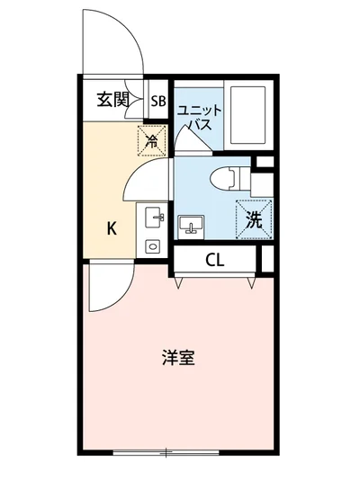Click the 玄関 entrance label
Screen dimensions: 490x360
click(x=112, y=100)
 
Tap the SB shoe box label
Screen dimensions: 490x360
click(x=157, y=101)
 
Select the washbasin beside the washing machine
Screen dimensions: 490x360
click(x=191, y=224)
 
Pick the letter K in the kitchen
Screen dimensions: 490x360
click(x=112, y=227)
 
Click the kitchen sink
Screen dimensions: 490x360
click(x=152, y=218)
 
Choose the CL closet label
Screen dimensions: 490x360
click(x=214, y=262)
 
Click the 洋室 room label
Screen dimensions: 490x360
click(x=178, y=358)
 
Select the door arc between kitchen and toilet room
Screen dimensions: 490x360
click(x=144, y=180)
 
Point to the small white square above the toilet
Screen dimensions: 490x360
click(x=264, y=162)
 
